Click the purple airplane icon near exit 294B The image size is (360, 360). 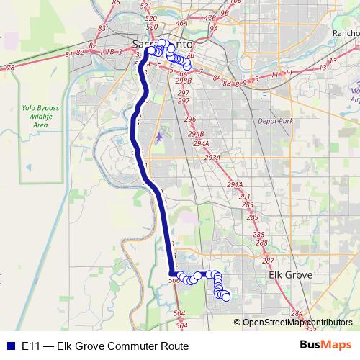(159, 134)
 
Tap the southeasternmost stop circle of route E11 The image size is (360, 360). (226, 297)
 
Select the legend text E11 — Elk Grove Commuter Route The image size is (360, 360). (105, 346)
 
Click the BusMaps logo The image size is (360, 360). (326, 346)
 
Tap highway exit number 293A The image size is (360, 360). (212, 157)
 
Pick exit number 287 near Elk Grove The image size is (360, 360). (268, 261)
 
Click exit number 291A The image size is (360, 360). (235, 185)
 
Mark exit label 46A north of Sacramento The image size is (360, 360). (181, 23)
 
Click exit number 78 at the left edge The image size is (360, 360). (9, 68)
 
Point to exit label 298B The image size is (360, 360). (183, 81)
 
